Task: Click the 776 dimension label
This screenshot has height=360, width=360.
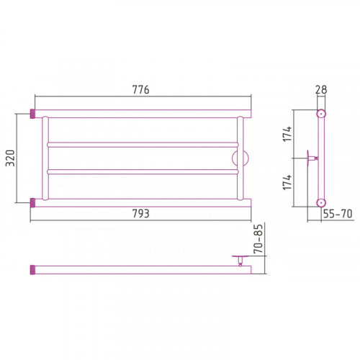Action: tap(140, 90)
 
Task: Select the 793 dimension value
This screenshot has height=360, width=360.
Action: tap(141, 213)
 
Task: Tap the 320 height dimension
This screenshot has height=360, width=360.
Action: tap(11, 158)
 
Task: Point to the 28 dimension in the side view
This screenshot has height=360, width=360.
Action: tap(321, 90)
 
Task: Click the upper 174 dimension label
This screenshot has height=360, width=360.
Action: tap(287, 134)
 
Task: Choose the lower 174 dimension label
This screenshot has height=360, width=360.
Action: tap(287, 182)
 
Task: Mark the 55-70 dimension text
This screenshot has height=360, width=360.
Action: tap(338, 213)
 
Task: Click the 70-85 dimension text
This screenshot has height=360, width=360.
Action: tap(258, 239)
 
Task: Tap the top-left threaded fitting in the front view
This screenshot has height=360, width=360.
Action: tap(32, 114)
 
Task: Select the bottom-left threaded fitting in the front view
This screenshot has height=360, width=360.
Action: tap(32, 203)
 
